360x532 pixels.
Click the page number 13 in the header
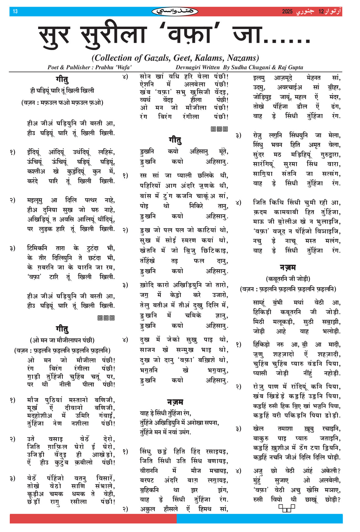[15, 12]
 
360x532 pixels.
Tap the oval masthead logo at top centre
[175, 12]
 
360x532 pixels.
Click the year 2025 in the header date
[287, 12]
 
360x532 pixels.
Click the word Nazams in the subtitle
[243, 58]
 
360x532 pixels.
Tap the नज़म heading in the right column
[288, 268]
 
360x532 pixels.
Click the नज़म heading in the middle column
[175, 402]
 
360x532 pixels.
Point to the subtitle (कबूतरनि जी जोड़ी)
[288, 279]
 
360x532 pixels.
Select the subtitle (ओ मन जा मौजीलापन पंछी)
[62, 340]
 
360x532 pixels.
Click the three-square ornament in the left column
[106, 318]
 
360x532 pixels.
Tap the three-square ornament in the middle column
[219, 129]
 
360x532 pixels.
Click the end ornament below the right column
[287, 508]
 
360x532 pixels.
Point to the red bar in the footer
[93, 519]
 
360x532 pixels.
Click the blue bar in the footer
[259, 519]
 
